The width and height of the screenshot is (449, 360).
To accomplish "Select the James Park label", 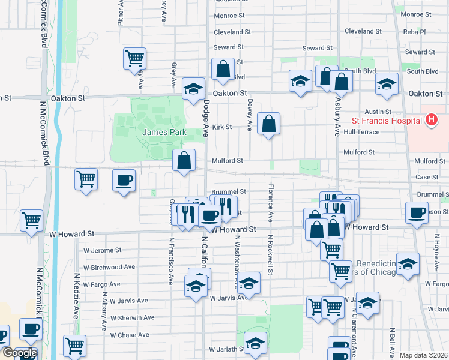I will (x=164, y=132).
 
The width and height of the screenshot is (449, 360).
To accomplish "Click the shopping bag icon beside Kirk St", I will (x=268, y=124).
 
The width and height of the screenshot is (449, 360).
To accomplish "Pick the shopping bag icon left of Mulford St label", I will (x=184, y=161).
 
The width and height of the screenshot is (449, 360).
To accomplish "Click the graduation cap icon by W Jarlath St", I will (x=256, y=343).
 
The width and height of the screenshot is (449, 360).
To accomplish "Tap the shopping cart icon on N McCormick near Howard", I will (x=32, y=220).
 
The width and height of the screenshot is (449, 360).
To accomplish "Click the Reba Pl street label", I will (x=414, y=32).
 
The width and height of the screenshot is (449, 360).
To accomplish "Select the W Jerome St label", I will (x=102, y=250).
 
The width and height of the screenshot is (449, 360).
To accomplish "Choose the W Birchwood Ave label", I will (x=110, y=267).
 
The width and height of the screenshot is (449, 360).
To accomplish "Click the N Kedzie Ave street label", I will (x=76, y=296).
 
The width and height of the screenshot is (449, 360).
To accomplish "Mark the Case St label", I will (x=427, y=177).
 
